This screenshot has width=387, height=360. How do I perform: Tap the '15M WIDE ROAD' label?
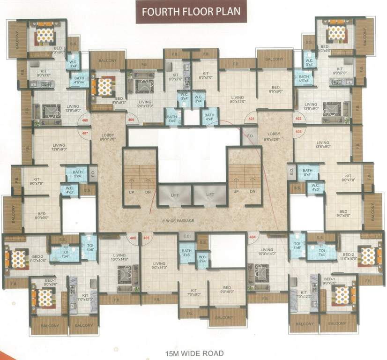(193, 353)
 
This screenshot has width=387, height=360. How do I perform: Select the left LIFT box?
(174, 195)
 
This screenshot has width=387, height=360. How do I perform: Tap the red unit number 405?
(146, 238)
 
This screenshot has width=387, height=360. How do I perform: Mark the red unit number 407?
(85, 133)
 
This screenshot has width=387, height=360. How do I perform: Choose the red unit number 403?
(298, 132)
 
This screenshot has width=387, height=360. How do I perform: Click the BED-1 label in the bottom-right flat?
(329, 280)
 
